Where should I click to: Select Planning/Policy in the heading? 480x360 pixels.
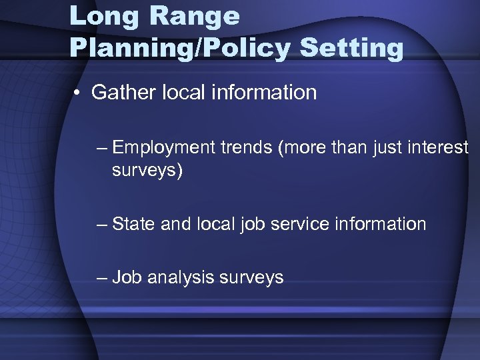tap(181, 48)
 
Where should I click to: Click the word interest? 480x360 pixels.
tap(441, 147)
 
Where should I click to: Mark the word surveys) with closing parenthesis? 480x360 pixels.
tap(147, 171)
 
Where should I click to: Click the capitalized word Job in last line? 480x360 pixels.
tap(127, 277)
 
